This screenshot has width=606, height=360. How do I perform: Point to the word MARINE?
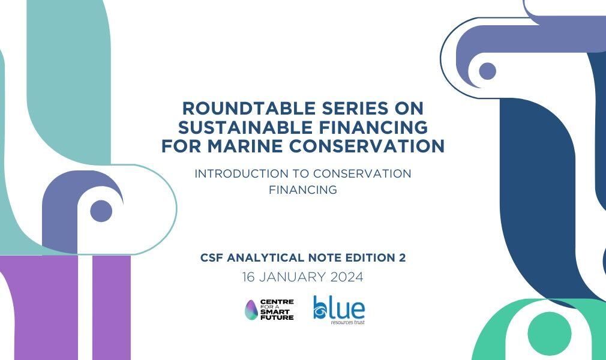pyautogui.click(x=245, y=146)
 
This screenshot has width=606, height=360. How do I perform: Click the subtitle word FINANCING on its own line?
pyautogui.click(x=303, y=190)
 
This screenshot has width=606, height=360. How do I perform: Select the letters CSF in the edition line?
pyautogui.click(x=212, y=257)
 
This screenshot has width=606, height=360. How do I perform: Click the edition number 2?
pyautogui.click(x=402, y=257)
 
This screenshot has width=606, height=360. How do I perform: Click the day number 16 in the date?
pyautogui.click(x=248, y=277)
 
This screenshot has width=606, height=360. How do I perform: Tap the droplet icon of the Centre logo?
pyautogui.click(x=251, y=310)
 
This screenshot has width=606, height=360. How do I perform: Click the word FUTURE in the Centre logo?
pyautogui.click(x=277, y=317)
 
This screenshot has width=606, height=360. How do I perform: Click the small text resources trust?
pyautogui.click(x=348, y=322)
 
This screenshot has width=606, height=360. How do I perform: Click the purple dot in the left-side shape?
pyautogui.click(x=101, y=211)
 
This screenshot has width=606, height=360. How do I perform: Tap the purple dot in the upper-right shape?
pyautogui.click(x=487, y=71)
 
